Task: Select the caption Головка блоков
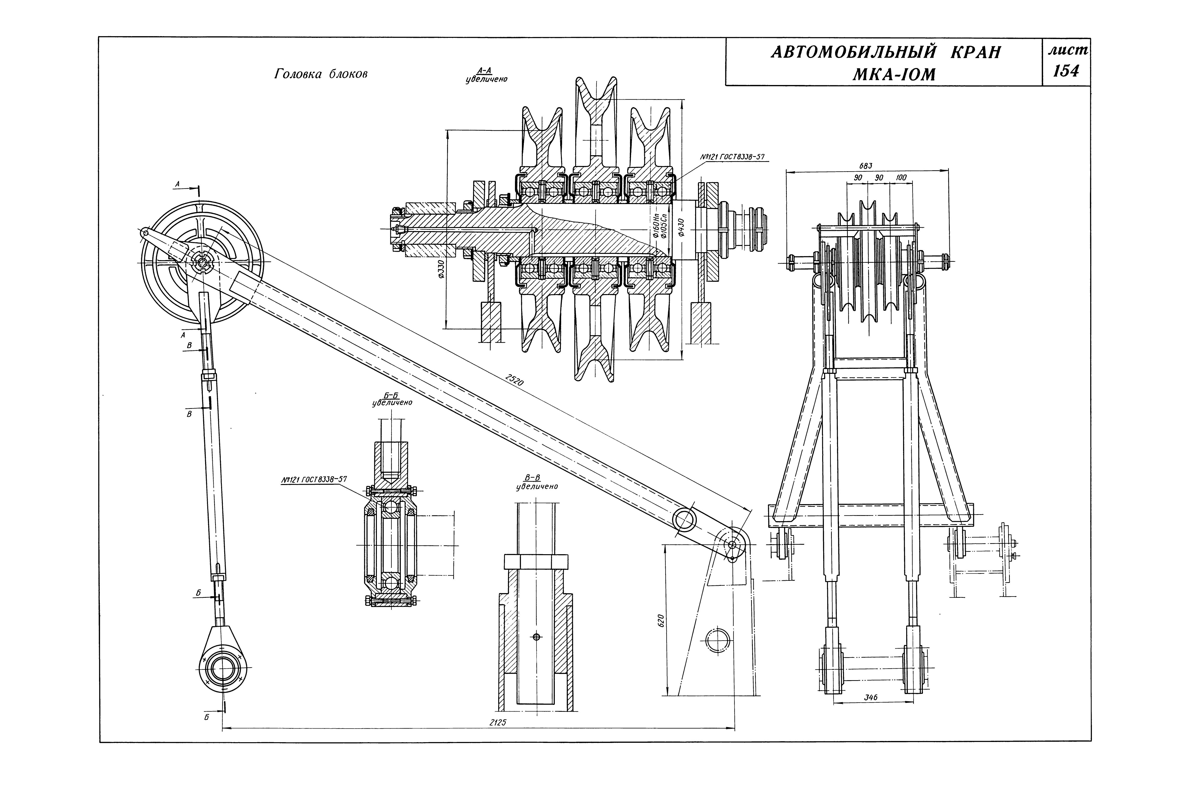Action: click(x=321, y=74)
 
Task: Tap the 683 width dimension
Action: click(x=866, y=166)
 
